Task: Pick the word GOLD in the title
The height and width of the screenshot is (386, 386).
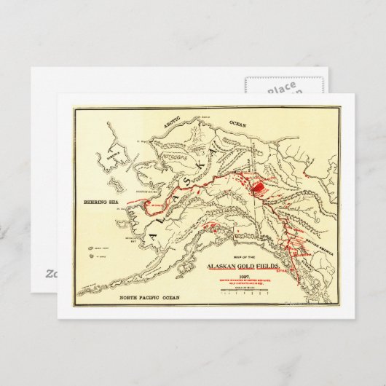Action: click(255, 267)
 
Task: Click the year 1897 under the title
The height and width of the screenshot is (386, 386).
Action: click(252, 275)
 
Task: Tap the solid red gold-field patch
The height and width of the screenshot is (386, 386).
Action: click(260, 187)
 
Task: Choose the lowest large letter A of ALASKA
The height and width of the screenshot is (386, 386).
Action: click(152, 235)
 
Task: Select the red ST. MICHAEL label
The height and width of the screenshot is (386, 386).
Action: click(155, 205)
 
